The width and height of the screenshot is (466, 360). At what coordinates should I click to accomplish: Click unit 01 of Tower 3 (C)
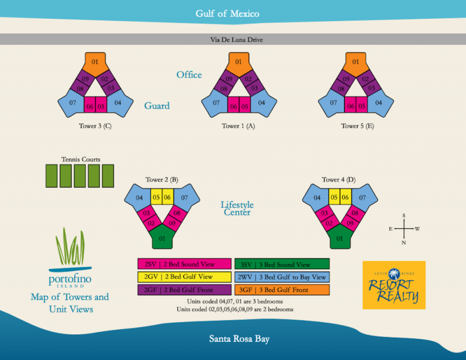tap(95, 63)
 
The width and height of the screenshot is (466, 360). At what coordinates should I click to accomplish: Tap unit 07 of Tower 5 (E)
tap(331, 104)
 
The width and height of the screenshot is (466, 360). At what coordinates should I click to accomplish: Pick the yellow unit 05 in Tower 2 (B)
tap(156, 197)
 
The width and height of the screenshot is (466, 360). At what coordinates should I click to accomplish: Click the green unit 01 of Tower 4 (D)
tap(340, 238)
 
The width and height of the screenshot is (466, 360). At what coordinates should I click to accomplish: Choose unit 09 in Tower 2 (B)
tap(172, 223)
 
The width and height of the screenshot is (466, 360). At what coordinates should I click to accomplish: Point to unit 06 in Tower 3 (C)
tap(90, 105)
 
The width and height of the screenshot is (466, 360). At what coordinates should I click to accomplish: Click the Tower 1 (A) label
tap(238, 126)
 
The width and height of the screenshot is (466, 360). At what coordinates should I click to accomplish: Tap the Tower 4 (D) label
tap(338, 179)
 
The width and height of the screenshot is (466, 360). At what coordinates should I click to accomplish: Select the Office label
tap(189, 75)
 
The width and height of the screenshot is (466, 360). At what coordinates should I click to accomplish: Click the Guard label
tap(157, 105)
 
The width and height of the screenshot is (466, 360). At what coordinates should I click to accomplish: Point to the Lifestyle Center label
tap(237, 209)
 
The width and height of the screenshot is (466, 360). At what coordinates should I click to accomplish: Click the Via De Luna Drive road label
tap(236, 40)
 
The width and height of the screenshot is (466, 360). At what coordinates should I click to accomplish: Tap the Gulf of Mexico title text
tap(227, 13)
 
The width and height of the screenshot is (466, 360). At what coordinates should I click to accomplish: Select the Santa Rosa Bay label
tap(239, 338)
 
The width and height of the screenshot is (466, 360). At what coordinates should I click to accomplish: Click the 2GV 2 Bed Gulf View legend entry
tap(184, 277)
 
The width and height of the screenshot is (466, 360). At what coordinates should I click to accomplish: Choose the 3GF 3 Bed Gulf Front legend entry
tap(282, 290)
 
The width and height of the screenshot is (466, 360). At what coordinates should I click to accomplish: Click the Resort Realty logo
tap(394, 285)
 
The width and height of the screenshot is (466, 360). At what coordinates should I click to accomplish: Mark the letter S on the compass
tap(404, 215)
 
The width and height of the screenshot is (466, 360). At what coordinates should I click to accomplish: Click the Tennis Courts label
tap(81, 160)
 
